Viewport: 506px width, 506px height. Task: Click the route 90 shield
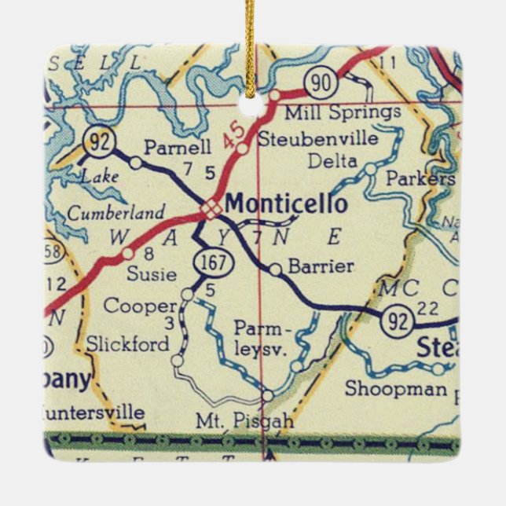coord(323,82)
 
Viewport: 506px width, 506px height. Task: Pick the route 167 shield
coord(217,262)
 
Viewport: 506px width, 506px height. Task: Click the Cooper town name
coord(140,306)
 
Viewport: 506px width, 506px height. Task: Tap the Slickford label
coord(127,344)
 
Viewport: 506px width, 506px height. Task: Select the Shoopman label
coord(396,388)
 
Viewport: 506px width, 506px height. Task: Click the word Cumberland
coord(116,212)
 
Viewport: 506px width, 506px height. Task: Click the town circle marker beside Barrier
coord(275,269)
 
